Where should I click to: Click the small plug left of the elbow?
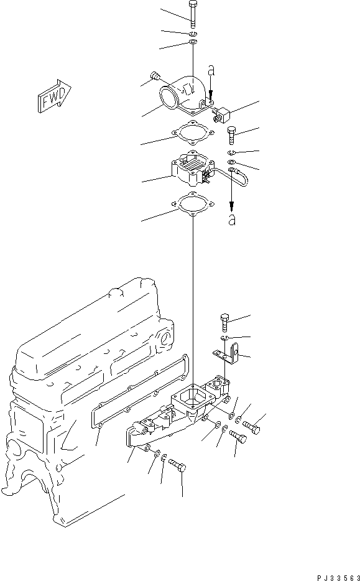pyautogui.click(x=156, y=77)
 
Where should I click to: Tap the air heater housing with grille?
pyautogui.click(x=189, y=170)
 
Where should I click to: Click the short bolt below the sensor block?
pyautogui.click(x=231, y=134)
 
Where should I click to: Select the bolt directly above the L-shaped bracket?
pyautogui.click(x=225, y=322)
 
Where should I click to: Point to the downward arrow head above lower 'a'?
pyautogui.click(x=232, y=206)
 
